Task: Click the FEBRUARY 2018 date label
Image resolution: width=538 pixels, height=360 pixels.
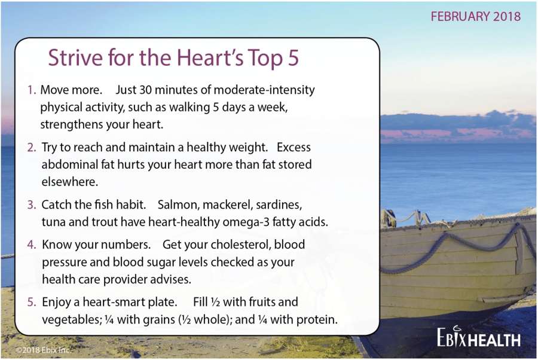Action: click(476, 17)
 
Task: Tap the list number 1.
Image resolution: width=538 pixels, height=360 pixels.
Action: click(32, 90)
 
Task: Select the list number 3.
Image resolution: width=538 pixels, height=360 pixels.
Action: click(32, 205)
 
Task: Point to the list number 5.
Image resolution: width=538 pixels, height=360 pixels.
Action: click(32, 302)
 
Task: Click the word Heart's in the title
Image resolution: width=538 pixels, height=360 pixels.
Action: click(210, 57)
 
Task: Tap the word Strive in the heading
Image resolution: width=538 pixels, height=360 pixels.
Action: click(75, 57)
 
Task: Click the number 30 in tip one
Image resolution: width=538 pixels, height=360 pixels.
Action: click(145, 90)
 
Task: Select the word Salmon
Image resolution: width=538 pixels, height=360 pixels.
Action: click(178, 205)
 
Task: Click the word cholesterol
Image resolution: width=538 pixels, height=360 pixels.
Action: click(240, 245)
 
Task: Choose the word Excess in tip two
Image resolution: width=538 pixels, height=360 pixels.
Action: click(294, 147)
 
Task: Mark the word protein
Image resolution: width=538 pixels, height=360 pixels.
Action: click(317, 320)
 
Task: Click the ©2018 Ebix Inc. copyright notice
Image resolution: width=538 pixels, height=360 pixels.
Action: click(44, 350)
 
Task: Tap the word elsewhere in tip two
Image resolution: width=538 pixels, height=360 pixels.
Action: click(70, 182)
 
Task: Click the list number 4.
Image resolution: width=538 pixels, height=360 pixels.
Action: click(32, 245)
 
